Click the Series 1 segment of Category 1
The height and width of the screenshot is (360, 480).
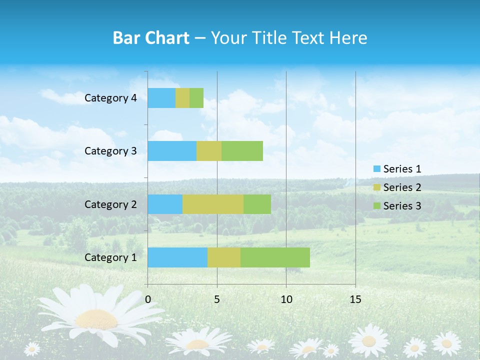[x=177, y=257]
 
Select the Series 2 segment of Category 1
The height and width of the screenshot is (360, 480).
[x=224, y=257]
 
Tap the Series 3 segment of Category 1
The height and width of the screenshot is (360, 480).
[x=275, y=257]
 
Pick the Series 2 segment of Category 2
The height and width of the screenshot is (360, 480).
[x=213, y=204]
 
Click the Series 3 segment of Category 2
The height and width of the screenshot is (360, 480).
[x=257, y=204]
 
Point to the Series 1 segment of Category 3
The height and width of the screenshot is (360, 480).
[x=172, y=150]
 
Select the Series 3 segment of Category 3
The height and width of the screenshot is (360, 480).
[x=242, y=150]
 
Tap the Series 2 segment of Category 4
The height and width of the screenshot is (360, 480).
[x=182, y=98]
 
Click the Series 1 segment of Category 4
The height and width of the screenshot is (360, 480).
[x=161, y=98]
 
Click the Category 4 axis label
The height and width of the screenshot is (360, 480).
[x=110, y=98]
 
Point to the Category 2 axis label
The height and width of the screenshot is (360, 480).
[x=110, y=204]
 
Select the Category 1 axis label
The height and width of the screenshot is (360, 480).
[x=110, y=257]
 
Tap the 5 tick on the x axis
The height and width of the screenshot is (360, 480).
[x=217, y=299]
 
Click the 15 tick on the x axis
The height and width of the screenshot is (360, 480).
[x=355, y=299]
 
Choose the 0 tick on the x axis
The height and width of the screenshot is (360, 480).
[x=148, y=299]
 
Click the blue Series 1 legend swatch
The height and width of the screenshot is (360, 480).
[x=377, y=169]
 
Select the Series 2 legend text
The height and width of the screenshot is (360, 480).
[x=402, y=187]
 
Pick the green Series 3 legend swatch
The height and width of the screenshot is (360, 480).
[x=377, y=205]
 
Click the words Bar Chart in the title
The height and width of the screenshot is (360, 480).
[x=151, y=38]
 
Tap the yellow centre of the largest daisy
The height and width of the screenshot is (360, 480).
[x=96, y=318]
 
